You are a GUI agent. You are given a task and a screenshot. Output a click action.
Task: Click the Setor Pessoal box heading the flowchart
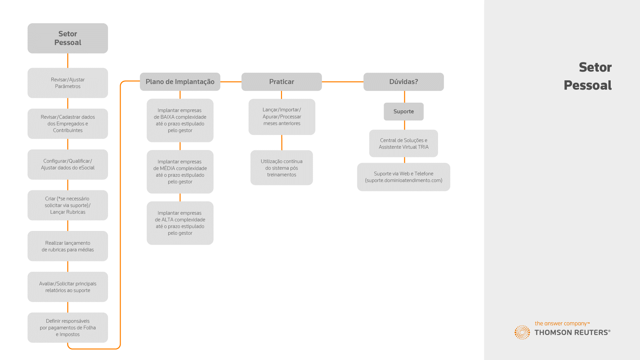(68, 38)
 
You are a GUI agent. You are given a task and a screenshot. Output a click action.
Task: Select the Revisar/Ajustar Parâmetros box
(68, 83)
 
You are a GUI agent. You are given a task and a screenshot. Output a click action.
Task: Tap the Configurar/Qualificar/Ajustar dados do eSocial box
(68, 164)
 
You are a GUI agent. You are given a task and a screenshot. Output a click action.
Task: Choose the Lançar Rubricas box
(68, 205)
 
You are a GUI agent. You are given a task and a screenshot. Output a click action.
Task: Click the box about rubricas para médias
(68, 246)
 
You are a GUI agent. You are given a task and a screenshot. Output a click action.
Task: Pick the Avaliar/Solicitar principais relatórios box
(68, 287)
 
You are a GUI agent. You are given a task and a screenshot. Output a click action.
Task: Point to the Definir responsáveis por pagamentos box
(68, 328)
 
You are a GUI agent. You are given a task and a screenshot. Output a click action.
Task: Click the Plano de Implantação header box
(180, 82)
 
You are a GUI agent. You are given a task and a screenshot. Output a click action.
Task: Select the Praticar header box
(282, 82)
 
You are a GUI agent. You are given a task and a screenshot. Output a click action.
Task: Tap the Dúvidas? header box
(404, 82)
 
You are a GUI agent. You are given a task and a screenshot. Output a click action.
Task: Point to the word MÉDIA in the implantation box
(168, 168)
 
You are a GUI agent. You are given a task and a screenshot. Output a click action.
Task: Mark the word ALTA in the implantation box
(167, 220)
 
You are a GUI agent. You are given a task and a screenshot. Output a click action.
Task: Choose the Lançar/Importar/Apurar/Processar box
(282, 117)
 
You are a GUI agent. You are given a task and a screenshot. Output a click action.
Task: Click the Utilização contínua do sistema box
(282, 168)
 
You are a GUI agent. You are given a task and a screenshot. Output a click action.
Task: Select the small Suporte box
(404, 112)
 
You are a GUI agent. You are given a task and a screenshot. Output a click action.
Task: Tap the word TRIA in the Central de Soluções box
(423, 147)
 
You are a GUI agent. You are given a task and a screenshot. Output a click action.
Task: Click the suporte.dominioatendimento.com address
(404, 180)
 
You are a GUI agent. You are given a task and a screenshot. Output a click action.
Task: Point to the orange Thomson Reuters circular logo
(522, 332)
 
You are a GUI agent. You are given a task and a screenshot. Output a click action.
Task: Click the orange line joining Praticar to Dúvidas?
(343, 82)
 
